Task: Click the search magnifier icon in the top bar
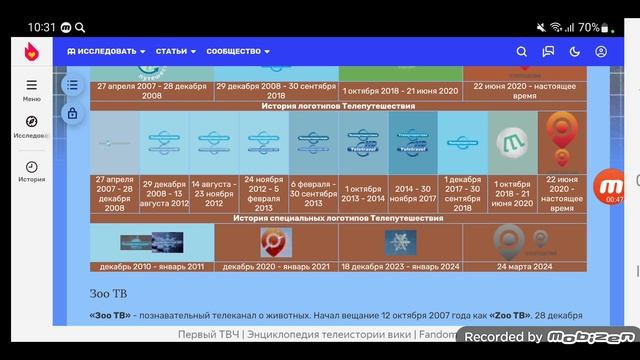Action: [x=522, y=51]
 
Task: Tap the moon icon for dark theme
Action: [x=575, y=51]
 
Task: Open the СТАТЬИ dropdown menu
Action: [x=175, y=51]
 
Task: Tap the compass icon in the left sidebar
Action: [x=32, y=122]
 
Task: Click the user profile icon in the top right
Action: [x=601, y=51]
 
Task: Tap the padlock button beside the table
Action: [x=72, y=114]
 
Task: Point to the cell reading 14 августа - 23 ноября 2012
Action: [x=214, y=190]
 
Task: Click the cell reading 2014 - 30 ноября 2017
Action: [x=412, y=190]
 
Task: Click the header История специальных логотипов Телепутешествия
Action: [x=338, y=217]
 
